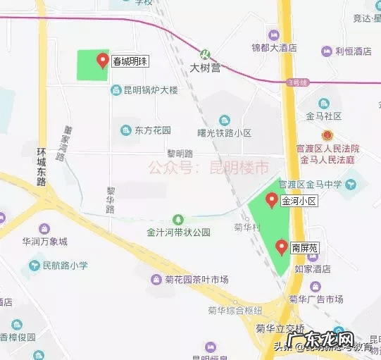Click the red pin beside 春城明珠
click(x=102, y=61)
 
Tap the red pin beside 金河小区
click(x=271, y=200)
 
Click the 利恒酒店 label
click(x=353, y=51)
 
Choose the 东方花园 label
click(x=153, y=130)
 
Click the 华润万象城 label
click(x=44, y=242)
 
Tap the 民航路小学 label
click(x=63, y=266)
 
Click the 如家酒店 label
click(x=313, y=268)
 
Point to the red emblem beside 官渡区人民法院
click(x=325, y=135)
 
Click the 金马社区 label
click(x=323, y=115)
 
